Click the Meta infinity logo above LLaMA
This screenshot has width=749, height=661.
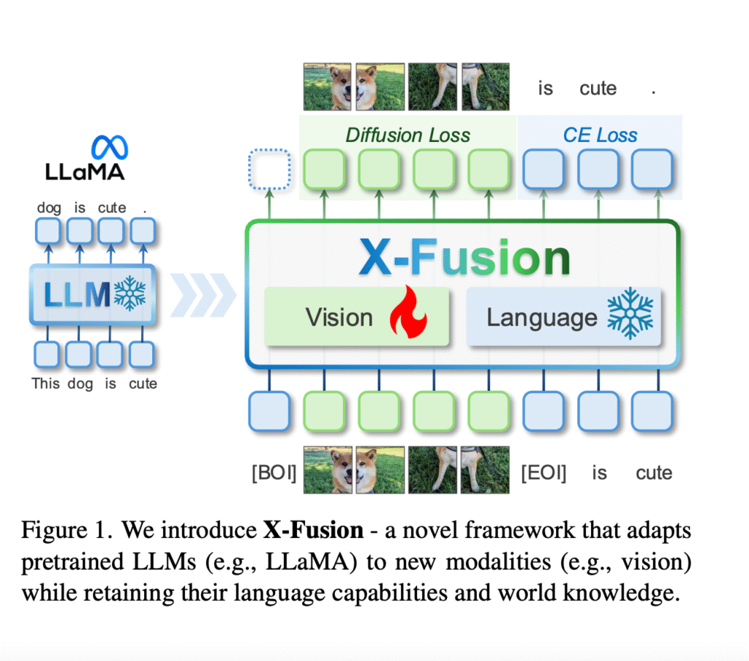point(109,146)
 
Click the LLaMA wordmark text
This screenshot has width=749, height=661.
point(86,172)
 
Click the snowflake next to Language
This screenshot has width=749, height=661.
point(630,316)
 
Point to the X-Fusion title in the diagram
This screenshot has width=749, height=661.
point(464,257)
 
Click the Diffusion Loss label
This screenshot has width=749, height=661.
point(407,135)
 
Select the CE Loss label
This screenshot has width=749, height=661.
point(600,135)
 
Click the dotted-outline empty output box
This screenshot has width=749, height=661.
point(269,169)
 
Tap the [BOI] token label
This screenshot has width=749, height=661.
point(274,472)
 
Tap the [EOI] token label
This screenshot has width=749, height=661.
point(543,472)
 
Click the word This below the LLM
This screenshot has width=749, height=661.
point(45,383)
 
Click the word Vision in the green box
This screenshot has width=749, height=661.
point(339,317)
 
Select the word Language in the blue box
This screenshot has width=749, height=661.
point(542,317)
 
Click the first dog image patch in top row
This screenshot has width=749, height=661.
point(328,86)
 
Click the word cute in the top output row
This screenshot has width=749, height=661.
point(598,89)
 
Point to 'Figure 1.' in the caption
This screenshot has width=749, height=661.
point(66,529)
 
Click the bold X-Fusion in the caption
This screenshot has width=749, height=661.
point(313,529)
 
